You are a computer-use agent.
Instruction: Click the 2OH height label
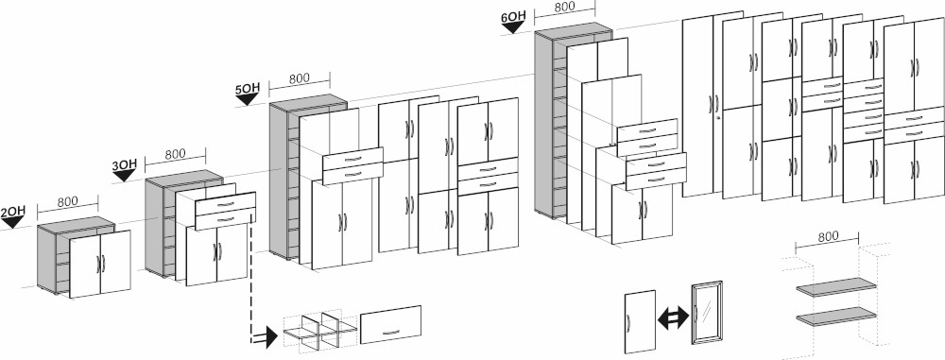click(x=12, y=212)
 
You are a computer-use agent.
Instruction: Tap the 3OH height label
click(x=125, y=165)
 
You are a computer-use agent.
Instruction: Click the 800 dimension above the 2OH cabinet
click(x=67, y=201)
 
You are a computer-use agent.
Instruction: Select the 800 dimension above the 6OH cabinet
click(x=565, y=8)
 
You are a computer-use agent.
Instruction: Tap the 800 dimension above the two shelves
click(x=828, y=237)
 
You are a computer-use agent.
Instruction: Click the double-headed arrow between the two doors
click(x=670, y=317)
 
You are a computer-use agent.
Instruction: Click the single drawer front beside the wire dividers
click(x=390, y=323)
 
